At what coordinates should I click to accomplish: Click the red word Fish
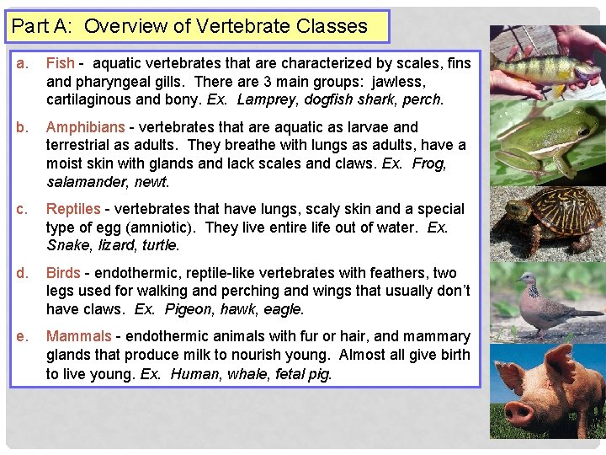60,63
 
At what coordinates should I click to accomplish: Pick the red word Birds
63,273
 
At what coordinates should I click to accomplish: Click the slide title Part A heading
189,26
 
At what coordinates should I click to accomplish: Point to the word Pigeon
189,309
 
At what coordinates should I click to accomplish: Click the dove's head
527,281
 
